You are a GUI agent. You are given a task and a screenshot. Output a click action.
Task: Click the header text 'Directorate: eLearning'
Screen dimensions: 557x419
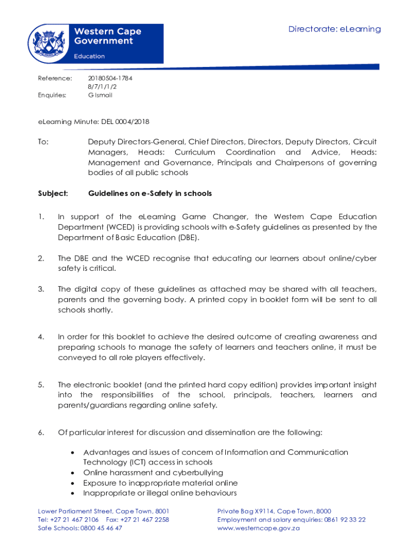[x=335, y=29]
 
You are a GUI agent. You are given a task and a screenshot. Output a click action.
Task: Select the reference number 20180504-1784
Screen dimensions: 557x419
[x=110, y=78]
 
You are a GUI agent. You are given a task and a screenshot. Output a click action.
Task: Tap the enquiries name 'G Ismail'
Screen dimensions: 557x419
[x=100, y=95]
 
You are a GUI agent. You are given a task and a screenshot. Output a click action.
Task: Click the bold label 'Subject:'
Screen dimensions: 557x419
[x=53, y=194]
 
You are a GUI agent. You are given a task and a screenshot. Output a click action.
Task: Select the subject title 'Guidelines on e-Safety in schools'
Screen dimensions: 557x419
[x=150, y=194]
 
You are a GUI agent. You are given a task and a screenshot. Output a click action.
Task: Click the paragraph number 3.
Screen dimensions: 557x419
[x=41, y=289]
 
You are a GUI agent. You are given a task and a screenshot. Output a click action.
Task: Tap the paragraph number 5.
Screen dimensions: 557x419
[x=41, y=385]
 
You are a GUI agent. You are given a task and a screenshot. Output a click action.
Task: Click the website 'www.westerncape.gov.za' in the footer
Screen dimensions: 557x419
[x=258, y=528]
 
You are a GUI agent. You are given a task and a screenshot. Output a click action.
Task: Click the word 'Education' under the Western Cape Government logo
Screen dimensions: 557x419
[x=89, y=56]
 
